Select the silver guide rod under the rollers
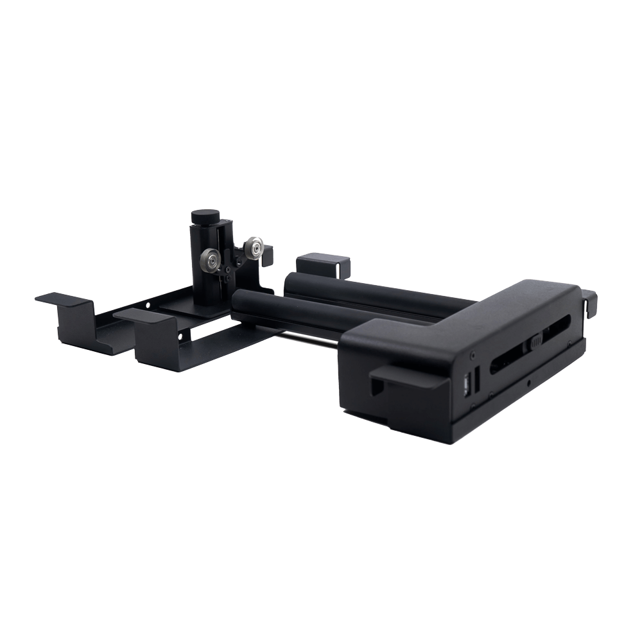point(308,336)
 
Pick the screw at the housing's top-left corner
point(473,353)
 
